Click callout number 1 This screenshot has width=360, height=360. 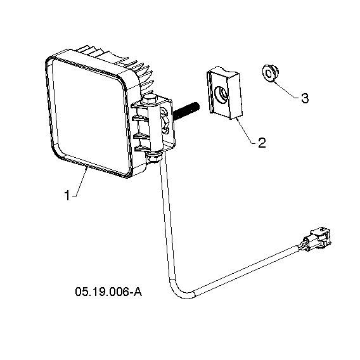click(67, 195)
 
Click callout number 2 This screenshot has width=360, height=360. click(262, 143)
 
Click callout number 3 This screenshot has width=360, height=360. click(305, 98)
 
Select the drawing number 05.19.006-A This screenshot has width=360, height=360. click(108, 292)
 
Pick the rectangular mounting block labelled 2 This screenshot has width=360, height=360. click(224, 93)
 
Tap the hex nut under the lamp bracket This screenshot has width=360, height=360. click(155, 158)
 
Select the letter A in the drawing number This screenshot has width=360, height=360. click(138, 292)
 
